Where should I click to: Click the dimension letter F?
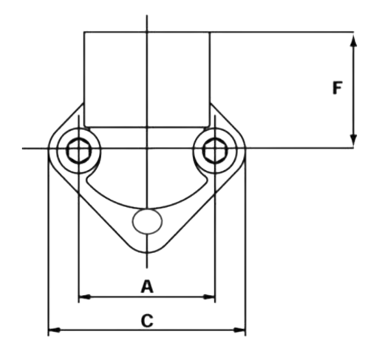pyautogui.click(x=337, y=88)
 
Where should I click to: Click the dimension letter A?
pyautogui.click(x=147, y=286)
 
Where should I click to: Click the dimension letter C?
pyautogui.click(x=147, y=321)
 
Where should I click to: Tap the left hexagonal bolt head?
pyautogui.click(x=79, y=151)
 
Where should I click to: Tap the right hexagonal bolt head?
pyautogui.click(x=215, y=151)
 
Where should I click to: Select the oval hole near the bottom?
pyautogui.click(x=147, y=221)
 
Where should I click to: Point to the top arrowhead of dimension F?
pyautogui.click(x=354, y=41)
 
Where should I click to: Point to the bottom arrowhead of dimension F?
pyautogui.click(x=354, y=140)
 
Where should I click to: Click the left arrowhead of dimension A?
pyautogui.click(x=84, y=297)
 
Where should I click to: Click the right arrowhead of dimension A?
pyautogui.click(x=209, y=297)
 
